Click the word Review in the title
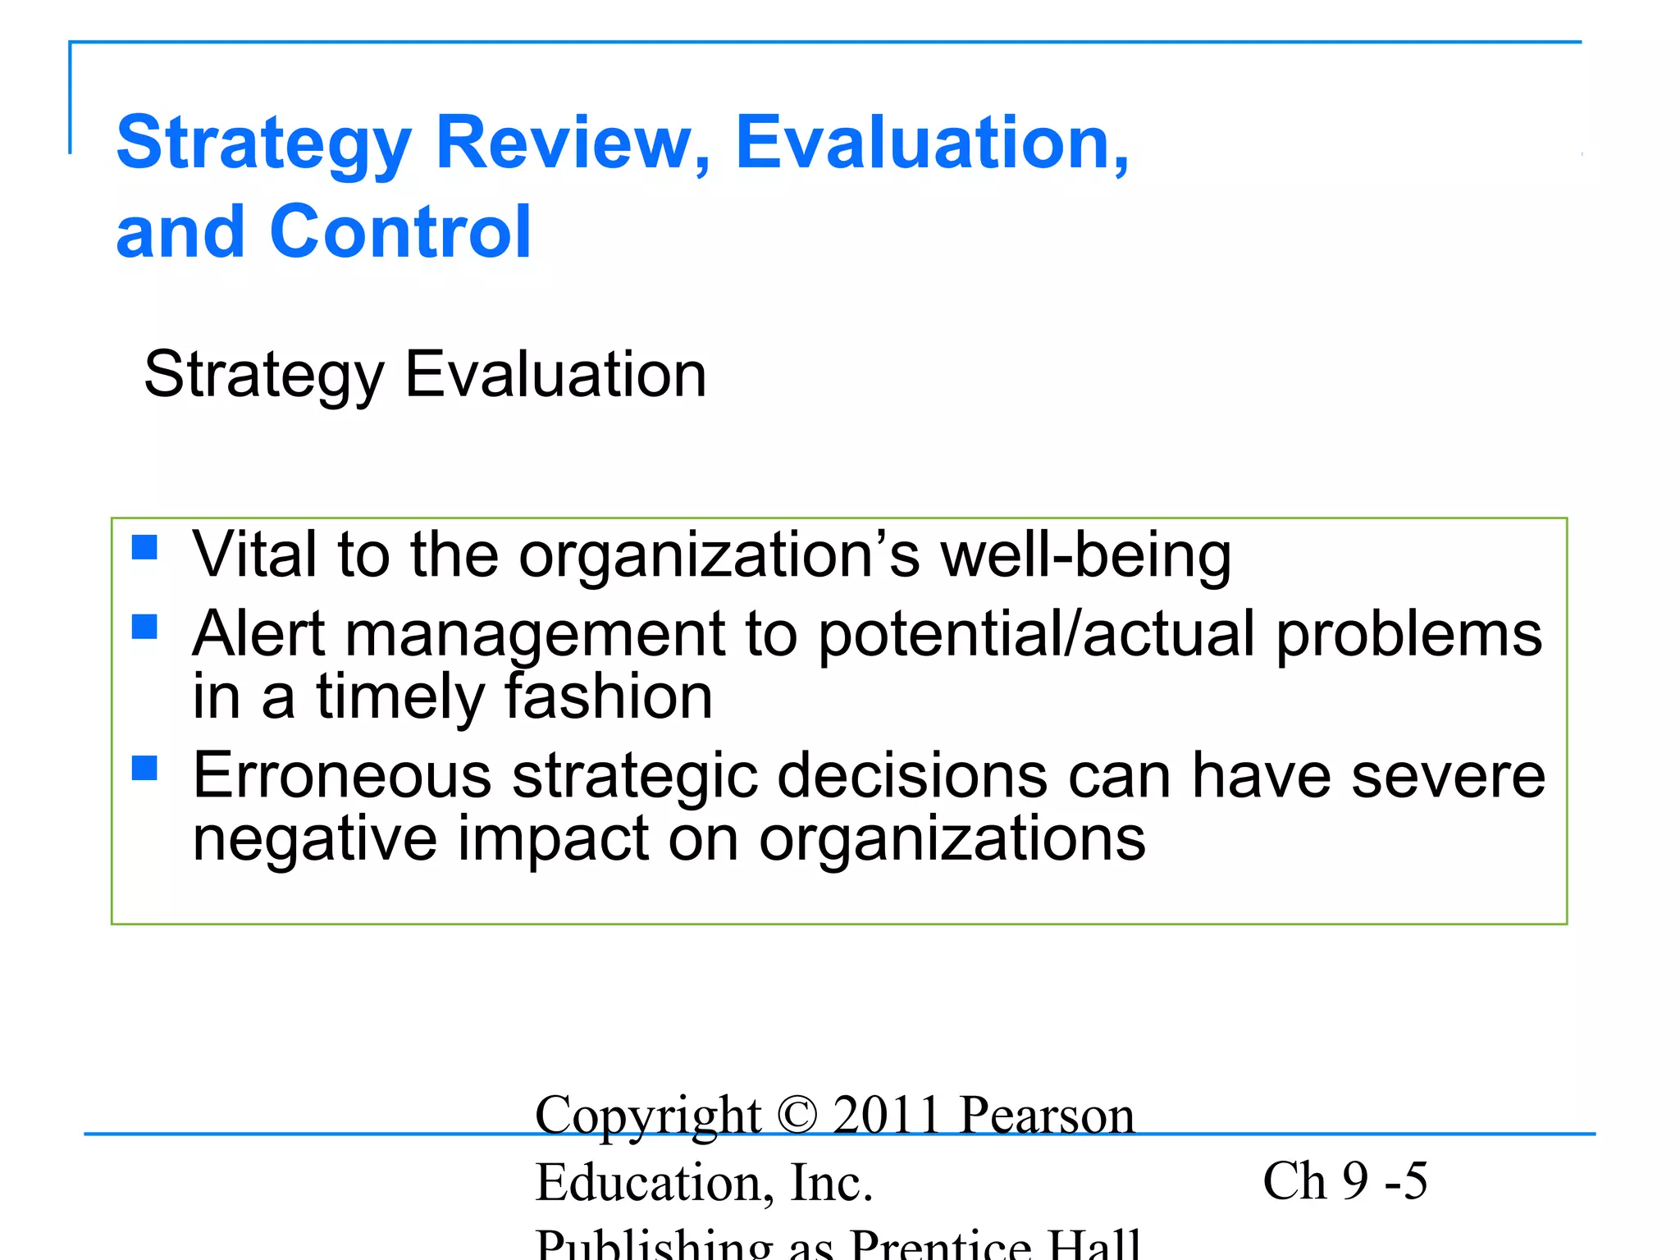point(573,144)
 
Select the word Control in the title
point(400,232)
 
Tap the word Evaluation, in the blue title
point(932,144)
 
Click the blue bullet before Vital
point(144,546)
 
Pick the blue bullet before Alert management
point(144,627)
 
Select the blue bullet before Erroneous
point(144,768)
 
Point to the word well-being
point(1085,556)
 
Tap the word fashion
point(608,697)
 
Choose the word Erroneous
point(342,776)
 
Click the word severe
point(1448,776)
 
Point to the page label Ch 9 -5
point(1345,1181)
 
